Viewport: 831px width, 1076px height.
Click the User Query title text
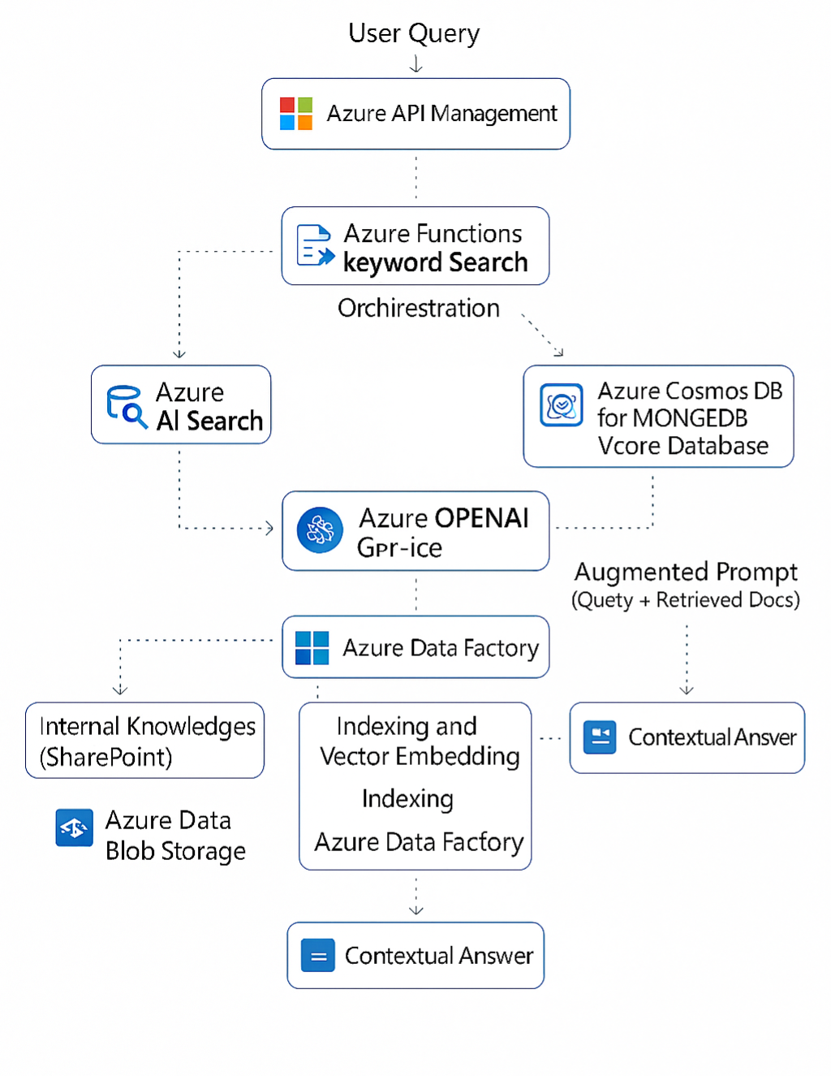414,33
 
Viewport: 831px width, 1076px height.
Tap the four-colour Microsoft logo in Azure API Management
296,114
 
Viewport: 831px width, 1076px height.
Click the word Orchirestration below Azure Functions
418,309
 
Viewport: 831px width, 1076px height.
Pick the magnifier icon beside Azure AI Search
126,405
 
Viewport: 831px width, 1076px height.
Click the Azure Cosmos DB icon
562,405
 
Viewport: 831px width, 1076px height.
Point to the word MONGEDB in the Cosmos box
690,418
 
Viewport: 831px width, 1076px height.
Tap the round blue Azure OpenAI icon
320,530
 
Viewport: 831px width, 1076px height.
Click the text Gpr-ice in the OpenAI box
399,548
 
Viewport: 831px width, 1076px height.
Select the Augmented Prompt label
686,572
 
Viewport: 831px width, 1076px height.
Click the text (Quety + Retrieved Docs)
686,600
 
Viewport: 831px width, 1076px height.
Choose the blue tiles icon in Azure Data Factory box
312,648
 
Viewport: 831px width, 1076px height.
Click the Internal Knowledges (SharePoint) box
145,741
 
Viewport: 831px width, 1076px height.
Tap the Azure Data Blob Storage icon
74,828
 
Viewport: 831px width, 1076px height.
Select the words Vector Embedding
420,757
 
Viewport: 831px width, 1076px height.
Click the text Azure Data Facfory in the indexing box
419,842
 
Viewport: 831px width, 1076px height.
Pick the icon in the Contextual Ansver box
600,737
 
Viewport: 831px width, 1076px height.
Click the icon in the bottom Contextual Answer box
318,956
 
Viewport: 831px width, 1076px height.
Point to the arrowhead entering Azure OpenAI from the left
269,529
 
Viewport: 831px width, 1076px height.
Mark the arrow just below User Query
416,64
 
